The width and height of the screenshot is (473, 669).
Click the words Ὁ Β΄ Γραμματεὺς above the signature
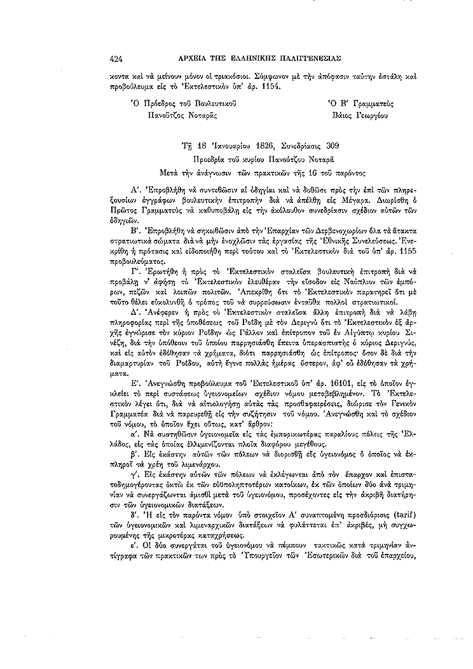click(x=360, y=103)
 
